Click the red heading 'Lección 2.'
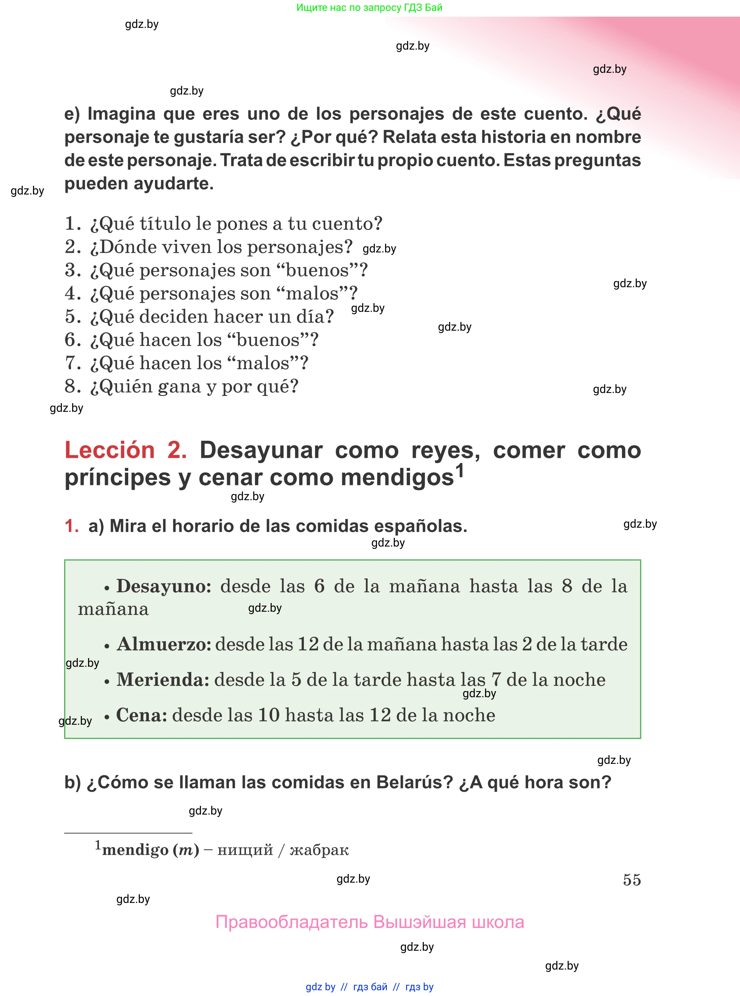125,450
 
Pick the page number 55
632,880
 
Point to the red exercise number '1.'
72,526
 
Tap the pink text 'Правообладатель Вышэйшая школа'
369,922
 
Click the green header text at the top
369,8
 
